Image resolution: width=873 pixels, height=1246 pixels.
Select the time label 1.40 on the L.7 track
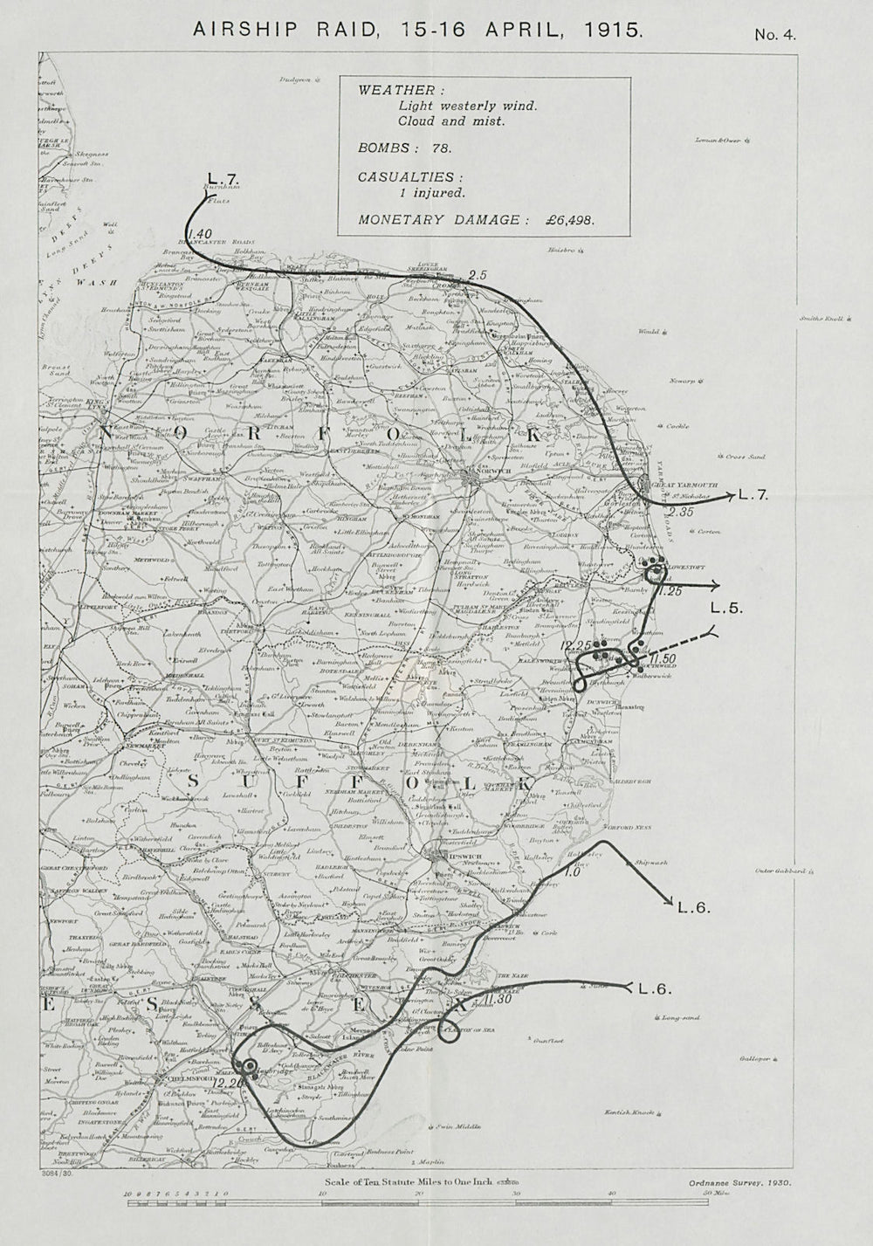pyautogui.click(x=200, y=233)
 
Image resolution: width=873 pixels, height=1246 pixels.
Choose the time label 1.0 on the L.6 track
pyautogui.click(x=573, y=871)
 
